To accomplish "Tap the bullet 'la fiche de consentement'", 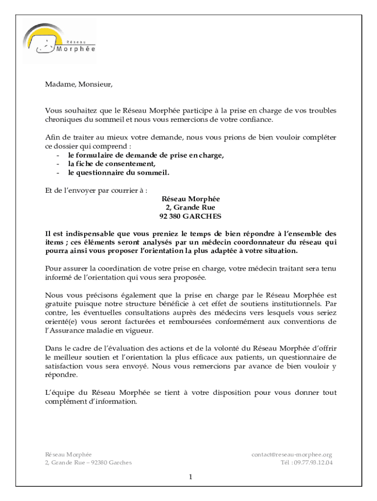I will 112,164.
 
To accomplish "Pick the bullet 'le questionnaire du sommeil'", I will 118,173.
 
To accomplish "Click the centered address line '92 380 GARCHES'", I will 190,216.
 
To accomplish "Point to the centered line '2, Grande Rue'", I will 190,207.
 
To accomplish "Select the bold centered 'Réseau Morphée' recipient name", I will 190,199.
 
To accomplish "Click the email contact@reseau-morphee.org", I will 292,455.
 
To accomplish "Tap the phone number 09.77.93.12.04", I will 313,463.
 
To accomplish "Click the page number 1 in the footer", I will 190,477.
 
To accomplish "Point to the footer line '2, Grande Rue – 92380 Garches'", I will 88,463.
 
